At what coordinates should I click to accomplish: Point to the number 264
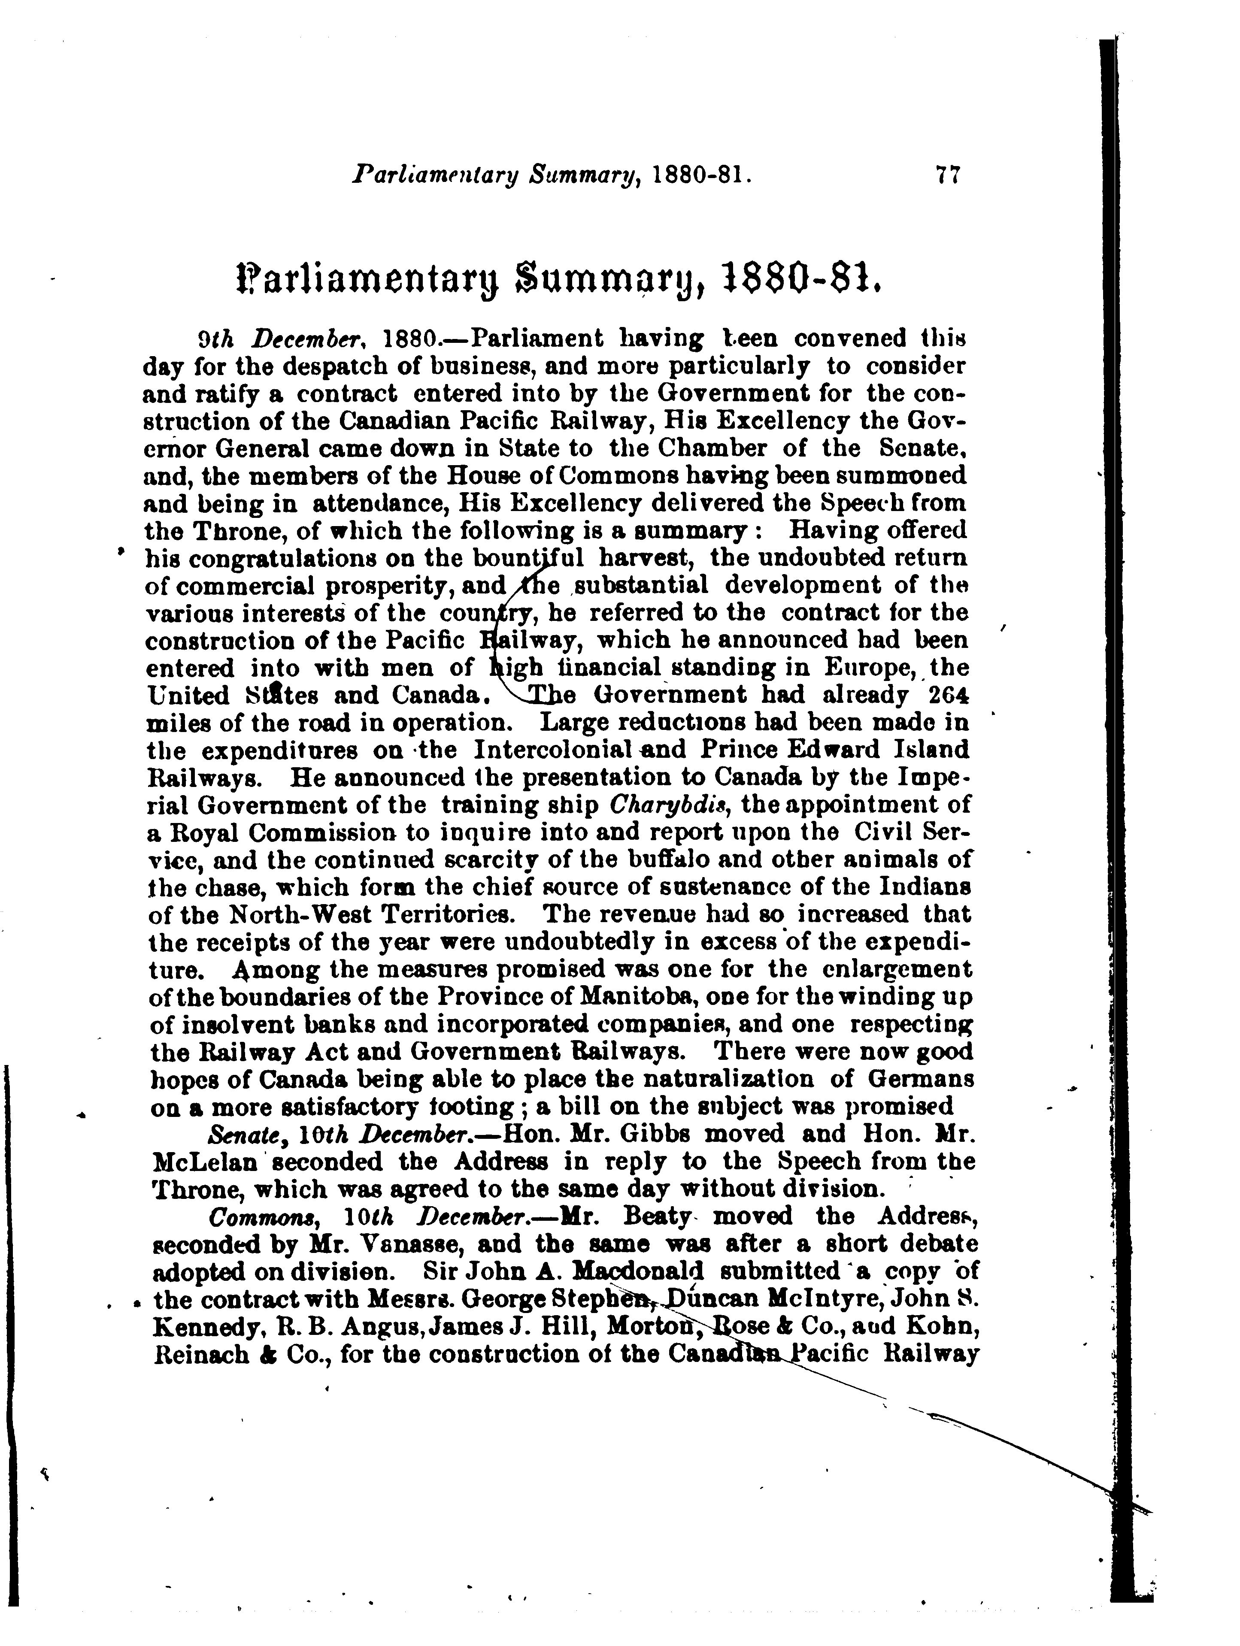pyautogui.click(x=946, y=695)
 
